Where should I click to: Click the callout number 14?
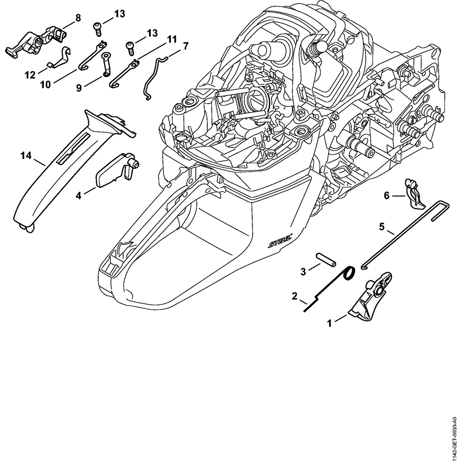coord(26,156)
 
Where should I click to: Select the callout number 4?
coord(79,195)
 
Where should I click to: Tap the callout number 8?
coord(77,18)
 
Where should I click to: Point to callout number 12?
coord(30,75)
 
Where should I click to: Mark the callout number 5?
coord(382,226)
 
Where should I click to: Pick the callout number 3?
coord(303,272)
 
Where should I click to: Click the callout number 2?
coord(294,296)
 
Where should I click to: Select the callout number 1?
coord(329,324)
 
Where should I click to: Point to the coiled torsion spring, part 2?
coord(348,275)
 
